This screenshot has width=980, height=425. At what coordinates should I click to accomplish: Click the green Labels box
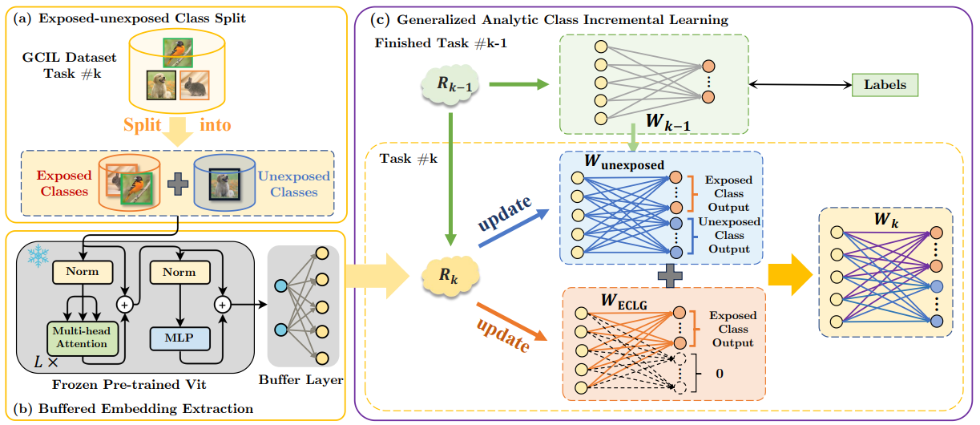click(x=885, y=85)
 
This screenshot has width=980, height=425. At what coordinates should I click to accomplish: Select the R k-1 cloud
click(x=450, y=85)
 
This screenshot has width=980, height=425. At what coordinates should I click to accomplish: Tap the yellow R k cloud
click(x=450, y=276)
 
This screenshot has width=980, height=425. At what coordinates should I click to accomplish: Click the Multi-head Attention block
click(x=83, y=338)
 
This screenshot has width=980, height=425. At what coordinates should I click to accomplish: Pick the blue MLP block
click(x=179, y=338)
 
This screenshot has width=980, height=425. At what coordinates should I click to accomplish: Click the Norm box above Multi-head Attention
click(x=83, y=272)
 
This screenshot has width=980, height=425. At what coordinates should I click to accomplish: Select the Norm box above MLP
click(x=179, y=273)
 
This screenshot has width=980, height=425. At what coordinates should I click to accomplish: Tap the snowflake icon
click(x=38, y=256)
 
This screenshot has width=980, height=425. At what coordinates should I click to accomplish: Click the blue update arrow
click(x=514, y=228)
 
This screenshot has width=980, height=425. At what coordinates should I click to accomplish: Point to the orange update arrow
click(x=512, y=322)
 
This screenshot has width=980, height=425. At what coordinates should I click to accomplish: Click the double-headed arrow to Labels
click(x=801, y=84)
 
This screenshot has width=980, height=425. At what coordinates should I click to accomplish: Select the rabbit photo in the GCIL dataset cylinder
click(x=194, y=85)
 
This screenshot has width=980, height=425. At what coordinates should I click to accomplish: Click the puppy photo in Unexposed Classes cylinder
click(x=224, y=184)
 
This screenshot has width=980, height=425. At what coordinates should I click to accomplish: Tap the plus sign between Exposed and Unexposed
click(x=178, y=184)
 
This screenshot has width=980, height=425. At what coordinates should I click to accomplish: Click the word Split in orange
click(x=142, y=125)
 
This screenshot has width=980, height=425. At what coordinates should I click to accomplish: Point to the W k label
click(x=886, y=220)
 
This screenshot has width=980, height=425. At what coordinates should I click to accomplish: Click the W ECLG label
click(x=623, y=302)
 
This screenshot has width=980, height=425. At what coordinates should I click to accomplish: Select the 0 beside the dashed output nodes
click(x=720, y=374)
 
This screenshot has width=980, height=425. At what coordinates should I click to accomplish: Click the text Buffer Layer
click(x=300, y=380)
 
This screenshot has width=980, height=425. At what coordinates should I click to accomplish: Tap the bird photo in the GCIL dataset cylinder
click(x=178, y=53)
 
